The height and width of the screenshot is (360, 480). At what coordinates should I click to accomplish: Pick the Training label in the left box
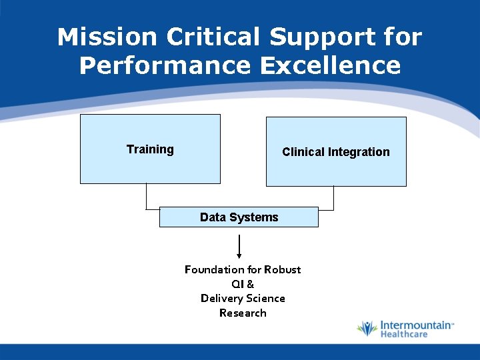150,149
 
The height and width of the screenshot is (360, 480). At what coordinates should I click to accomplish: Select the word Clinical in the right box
303,152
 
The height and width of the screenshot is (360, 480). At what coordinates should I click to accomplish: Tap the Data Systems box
239,217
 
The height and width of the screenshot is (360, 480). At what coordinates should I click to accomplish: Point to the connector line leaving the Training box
146,197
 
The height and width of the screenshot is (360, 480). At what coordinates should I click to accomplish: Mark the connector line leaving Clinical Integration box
333,199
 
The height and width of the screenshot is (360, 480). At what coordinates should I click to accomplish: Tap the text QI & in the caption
243,284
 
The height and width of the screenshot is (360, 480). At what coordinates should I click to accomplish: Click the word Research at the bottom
243,313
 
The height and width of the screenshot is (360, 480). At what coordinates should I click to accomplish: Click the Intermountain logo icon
367,329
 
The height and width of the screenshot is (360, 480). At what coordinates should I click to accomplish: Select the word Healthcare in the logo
404,334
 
